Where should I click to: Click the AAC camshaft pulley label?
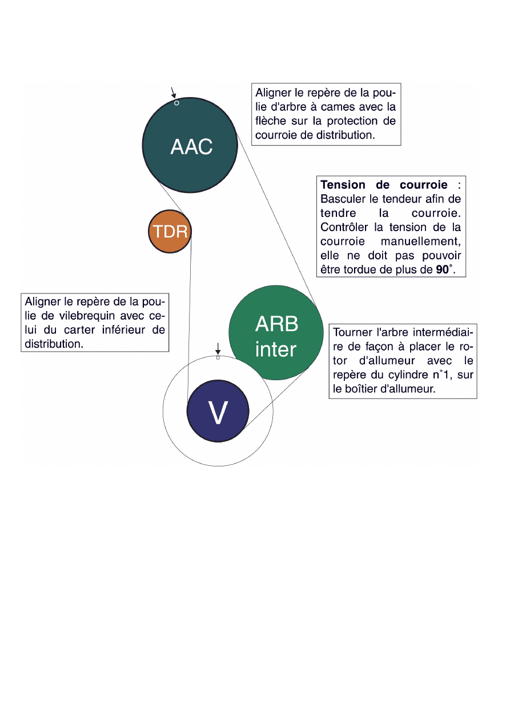tap(191, 147)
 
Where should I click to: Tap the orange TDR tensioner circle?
tap(169, 232)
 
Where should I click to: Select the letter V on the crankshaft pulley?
tap(218, 412)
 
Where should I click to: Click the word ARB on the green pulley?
tap(276, 324)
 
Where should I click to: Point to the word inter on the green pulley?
tap(276, 349)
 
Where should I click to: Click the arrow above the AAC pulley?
tap(174, 92)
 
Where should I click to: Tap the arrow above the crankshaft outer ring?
tap(218, 348)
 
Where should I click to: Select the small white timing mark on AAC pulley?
tap(176, 103)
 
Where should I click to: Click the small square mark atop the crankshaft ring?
tap(218, 358)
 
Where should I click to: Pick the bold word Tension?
tap(344, 185)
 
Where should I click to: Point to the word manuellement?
tap(421, 241)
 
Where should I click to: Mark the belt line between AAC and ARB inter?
tap(277, 220)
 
